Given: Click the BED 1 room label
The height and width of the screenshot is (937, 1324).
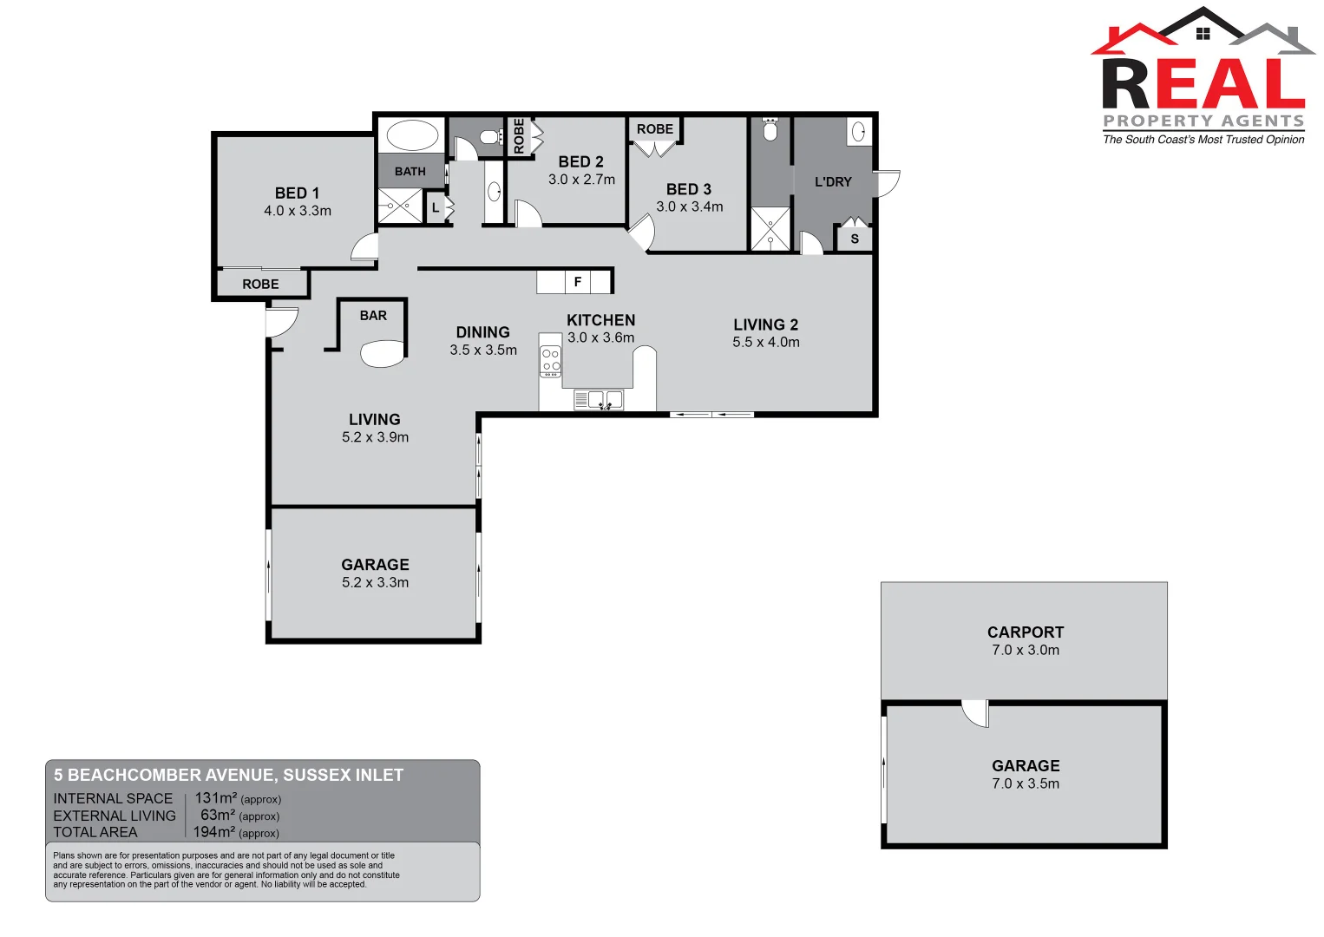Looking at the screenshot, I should pos(297,193).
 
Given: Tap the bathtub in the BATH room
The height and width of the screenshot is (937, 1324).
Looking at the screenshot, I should pos(412,136).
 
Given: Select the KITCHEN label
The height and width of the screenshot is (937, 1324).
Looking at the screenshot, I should pos(600,320).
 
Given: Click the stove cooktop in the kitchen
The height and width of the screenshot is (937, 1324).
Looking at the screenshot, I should pos(551,360).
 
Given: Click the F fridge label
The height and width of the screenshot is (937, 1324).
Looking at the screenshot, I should pos(578,282).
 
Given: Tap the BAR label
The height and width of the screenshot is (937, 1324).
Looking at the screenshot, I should pos(373,316).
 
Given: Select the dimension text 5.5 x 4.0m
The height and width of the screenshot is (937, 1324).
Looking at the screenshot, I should pos(765,342).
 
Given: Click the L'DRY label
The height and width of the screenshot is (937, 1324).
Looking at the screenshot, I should pos(833,182).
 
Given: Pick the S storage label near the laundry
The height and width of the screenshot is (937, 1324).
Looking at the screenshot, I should pos(855,239).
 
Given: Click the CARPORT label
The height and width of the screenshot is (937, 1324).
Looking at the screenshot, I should pos(1025,632).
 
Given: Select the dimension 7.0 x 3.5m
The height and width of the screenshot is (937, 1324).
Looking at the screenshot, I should pos(1025,783).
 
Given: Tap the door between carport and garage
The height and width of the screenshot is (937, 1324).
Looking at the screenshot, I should pos(976,712).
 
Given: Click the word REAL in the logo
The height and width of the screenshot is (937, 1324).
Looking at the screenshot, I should pos(1203,84).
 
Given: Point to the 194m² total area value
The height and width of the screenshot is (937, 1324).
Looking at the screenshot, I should pos(213,832).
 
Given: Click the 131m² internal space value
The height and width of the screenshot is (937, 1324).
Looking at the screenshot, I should pos(215,798).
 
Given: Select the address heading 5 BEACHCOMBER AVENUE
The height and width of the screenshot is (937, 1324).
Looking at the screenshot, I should pos(228,775).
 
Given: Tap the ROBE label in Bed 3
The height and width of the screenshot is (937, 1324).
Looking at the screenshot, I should pos(654,129).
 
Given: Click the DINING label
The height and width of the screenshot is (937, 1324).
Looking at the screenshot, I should pos(482,332).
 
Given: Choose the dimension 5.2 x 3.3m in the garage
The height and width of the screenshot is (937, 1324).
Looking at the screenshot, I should pos(375,582).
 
